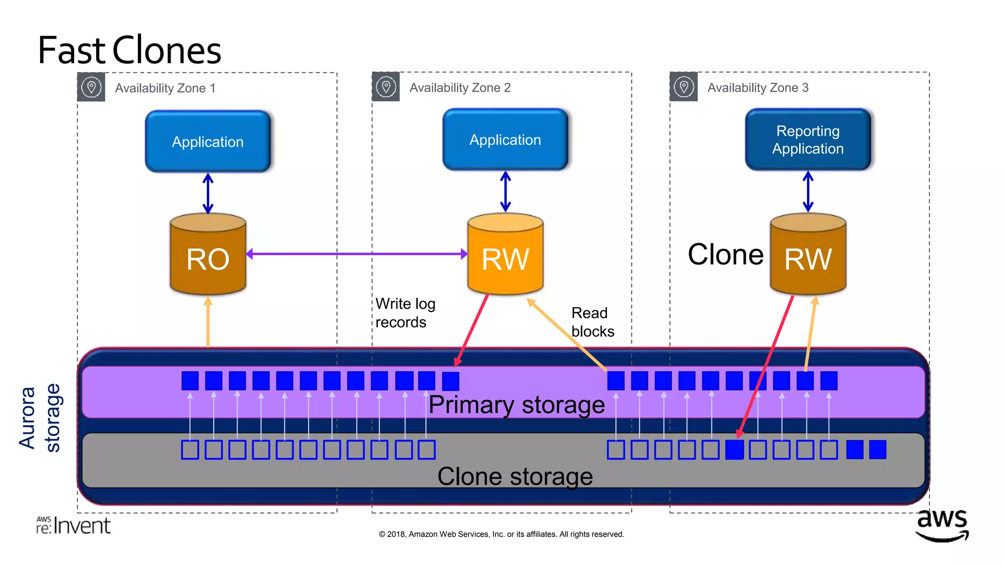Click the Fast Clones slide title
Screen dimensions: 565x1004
pyautogui.click(x=129, y=50)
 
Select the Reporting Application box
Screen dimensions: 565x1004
pyautogui.click(x=807, y=140)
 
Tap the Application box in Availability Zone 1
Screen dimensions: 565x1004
pyautogui.click(x=208, y=142)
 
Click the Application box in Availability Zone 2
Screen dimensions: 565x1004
pyautogui.click(x=505, y=140)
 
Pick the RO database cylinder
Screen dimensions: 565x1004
pyautogui.click(x=208, y=255)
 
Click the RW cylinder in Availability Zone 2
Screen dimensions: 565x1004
pyautogui.click(x=505, y=255)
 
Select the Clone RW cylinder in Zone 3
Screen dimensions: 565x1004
pyautogui.click(x=807, y=255)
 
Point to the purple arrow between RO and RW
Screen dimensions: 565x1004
pyautogui.click(x=356, y=254)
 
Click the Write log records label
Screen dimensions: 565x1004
pyautogui.click(x=405, y=313)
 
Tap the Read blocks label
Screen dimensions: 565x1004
pyautogui.click(x=592, y=322)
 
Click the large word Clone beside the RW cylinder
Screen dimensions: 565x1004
pyautogui.click(x=725, y=255)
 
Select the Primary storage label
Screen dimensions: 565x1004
pyautogui.click(x=516, y=405)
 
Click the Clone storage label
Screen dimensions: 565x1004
pyautogui.click(x=515, y=476)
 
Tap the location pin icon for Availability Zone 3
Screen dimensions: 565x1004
pyautogui.click(x=683, y=87)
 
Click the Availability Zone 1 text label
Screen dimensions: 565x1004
pyautogui.click(x=165, y=88)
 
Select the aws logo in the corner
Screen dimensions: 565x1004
pyautogui.click(x=942, y=524)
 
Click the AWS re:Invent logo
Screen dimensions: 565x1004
pyautogui.click(x=74, y=525)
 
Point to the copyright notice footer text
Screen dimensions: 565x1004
pyautogui.click(x=501, y=534)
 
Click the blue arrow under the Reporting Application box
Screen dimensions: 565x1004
pyautogui.click(x=808, y=192)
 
